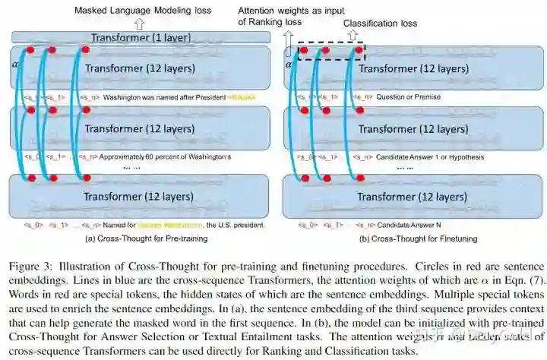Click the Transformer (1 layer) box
141,37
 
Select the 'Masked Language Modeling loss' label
141,11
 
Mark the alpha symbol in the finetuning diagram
288,65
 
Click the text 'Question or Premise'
403,97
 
